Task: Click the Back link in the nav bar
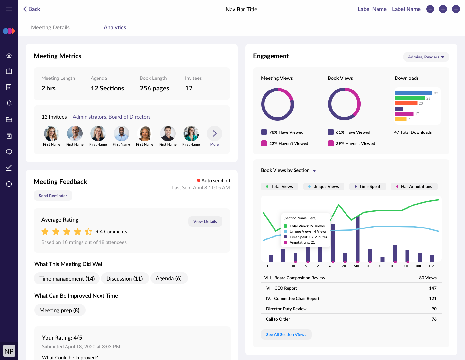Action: click(31, 9)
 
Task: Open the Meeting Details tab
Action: click(50, 27)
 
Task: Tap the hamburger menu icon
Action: click(9, 9)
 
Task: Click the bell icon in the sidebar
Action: click(9, 103)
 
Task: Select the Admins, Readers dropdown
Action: click(426, 57)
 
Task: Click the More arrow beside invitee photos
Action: click(214, 133)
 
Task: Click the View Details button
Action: click(205, 221)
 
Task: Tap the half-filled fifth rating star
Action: click(88, 231)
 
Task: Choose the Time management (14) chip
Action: click(67, 279)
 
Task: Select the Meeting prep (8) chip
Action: click(59, 310)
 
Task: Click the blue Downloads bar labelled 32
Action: click(413, 93)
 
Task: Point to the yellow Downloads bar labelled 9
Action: click(400, 119)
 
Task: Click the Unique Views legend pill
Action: click(324, 186)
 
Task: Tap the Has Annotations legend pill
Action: click(414, 186)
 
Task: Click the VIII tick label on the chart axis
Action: click(356, 266)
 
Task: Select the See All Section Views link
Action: click(286, 334)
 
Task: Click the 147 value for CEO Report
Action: click(433, 288)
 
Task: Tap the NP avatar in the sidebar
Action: click(9, 351)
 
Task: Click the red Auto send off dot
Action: click(198, 180)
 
